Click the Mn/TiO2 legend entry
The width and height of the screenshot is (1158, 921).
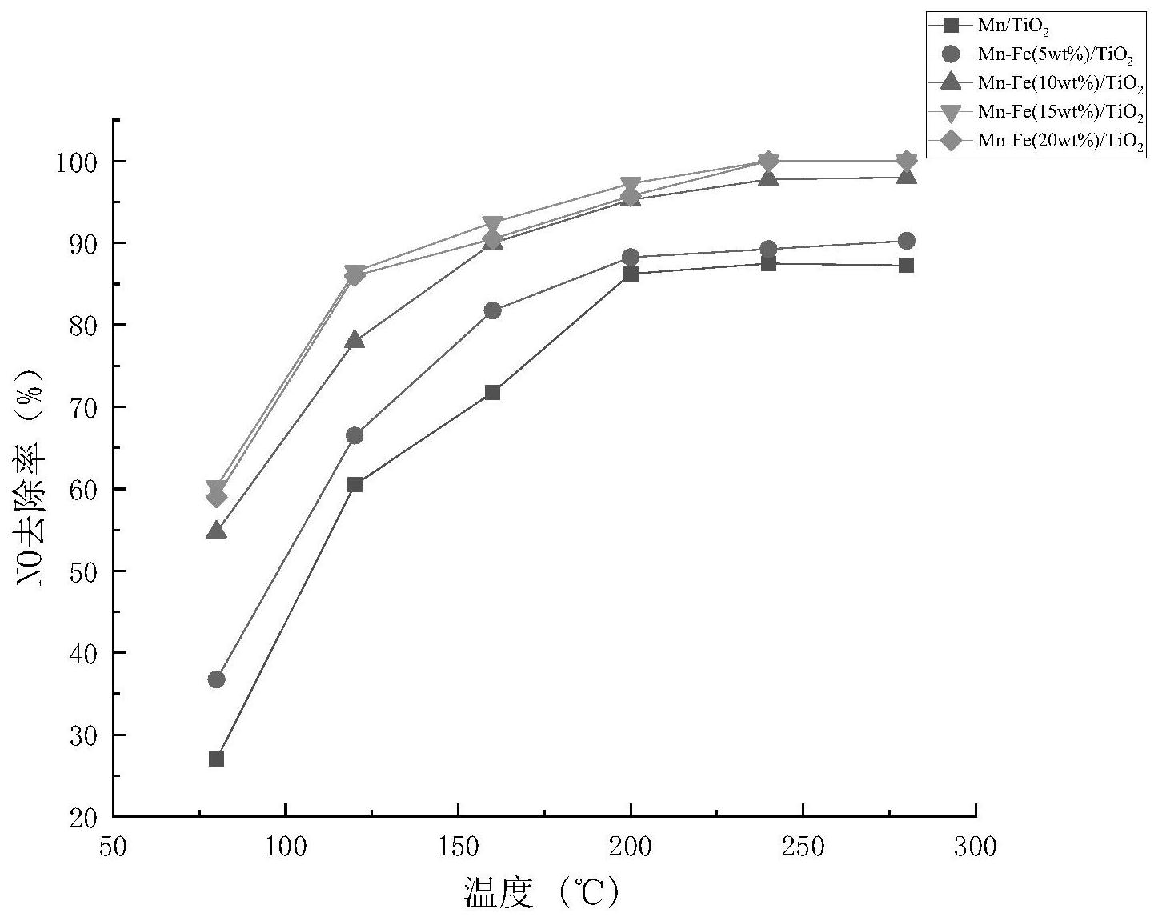(1013, 26)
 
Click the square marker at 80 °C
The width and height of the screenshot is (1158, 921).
(216, 759)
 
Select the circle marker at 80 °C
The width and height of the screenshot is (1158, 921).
(216, 679)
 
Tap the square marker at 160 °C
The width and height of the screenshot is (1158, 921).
(492, 392)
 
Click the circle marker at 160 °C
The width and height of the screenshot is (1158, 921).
(492, 310)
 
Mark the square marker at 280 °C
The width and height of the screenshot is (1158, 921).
(906, 265)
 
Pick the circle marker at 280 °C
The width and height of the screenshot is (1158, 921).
(906, 241)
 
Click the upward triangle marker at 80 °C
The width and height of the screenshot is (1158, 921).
(216, 531)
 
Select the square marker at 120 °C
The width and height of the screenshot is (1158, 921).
(355, 484)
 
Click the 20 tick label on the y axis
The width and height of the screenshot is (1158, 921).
(83, 818)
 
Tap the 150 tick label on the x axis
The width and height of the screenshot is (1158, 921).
(458, 847)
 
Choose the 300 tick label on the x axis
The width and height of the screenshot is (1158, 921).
(975, 847)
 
